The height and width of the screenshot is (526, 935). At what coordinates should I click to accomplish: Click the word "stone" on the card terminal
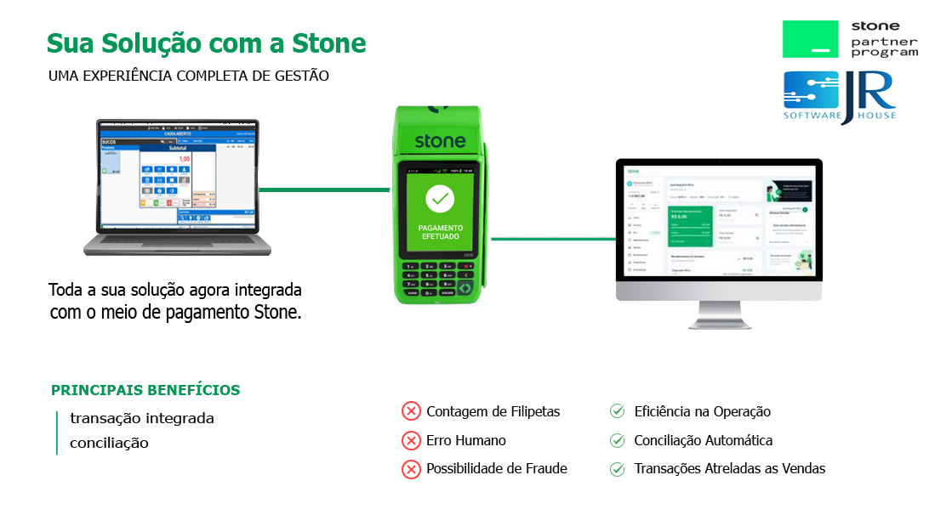(440, 140)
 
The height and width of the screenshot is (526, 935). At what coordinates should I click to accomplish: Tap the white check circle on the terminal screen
(440, 199)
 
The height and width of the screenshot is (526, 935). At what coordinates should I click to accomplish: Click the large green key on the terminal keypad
(466, 287)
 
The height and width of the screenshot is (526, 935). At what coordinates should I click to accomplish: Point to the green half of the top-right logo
(814, 39)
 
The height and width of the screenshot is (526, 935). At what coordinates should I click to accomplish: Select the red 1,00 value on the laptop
(184, 159)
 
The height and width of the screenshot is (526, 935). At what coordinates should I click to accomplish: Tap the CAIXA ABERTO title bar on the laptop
(177, 134)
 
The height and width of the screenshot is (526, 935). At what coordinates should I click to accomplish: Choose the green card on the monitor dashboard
(690, 226)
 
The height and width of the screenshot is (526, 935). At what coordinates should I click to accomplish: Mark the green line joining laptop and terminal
(324, 189)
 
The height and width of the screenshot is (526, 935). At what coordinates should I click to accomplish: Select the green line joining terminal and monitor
(552, 239)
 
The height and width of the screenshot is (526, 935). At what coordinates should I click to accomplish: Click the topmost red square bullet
(411, 411)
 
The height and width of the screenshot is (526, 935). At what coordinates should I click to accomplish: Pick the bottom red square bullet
(411, 469)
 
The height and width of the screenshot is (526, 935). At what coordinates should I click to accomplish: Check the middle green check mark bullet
(618, 440)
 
